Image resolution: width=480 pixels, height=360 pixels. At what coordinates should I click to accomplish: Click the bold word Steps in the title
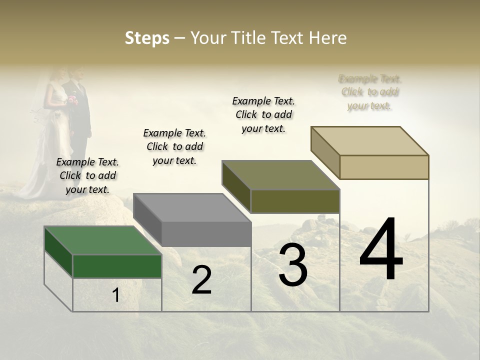147,38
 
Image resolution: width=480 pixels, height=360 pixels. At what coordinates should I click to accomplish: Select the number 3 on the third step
293,265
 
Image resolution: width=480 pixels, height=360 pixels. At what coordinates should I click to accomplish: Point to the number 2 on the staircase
201,280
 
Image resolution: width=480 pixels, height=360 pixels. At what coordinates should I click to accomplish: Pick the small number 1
116,295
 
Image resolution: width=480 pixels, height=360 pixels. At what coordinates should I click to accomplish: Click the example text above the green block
87,175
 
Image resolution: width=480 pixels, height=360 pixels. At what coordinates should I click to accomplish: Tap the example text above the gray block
174,146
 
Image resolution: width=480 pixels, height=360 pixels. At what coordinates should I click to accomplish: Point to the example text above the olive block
263,114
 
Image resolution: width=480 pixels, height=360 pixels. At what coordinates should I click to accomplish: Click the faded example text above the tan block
370,92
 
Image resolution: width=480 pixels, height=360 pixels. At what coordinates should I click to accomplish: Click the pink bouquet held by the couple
73,100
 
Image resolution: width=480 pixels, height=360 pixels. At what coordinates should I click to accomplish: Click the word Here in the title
328,38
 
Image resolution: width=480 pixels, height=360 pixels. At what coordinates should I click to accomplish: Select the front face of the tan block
384,167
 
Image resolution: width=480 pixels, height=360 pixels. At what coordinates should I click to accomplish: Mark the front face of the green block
117,266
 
